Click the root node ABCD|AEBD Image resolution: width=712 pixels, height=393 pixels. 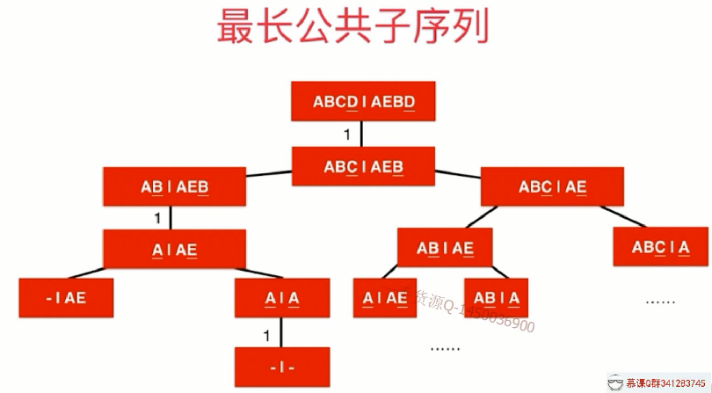[363, 102]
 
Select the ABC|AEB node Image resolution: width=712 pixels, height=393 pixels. [363, 166]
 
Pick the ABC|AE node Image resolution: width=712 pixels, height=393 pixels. [552, 186]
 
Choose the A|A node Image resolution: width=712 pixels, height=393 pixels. [282, 298]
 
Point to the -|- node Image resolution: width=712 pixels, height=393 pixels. [282, 367]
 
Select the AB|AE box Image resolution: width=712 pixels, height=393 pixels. [445, 249]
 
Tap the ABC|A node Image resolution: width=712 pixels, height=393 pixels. [660, 247]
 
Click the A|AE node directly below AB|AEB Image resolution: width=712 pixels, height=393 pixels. [174, 250]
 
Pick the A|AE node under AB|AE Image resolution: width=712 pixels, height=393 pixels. [385, 298]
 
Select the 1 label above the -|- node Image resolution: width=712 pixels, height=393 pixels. [265, 335]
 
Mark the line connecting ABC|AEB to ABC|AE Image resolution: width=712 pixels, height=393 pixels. [457, 175]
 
